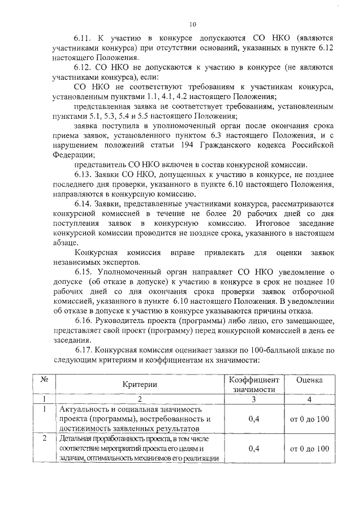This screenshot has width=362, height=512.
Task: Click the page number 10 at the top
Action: click(x=192, y=24)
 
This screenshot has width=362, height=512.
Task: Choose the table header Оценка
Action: click(x=309, y=380)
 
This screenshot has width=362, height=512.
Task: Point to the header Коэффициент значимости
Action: click(x=253, y=385)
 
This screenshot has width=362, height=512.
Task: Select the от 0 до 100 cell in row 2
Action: click(x=309, y=449)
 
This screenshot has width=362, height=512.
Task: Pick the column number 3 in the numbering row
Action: click(x=253, y=399)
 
